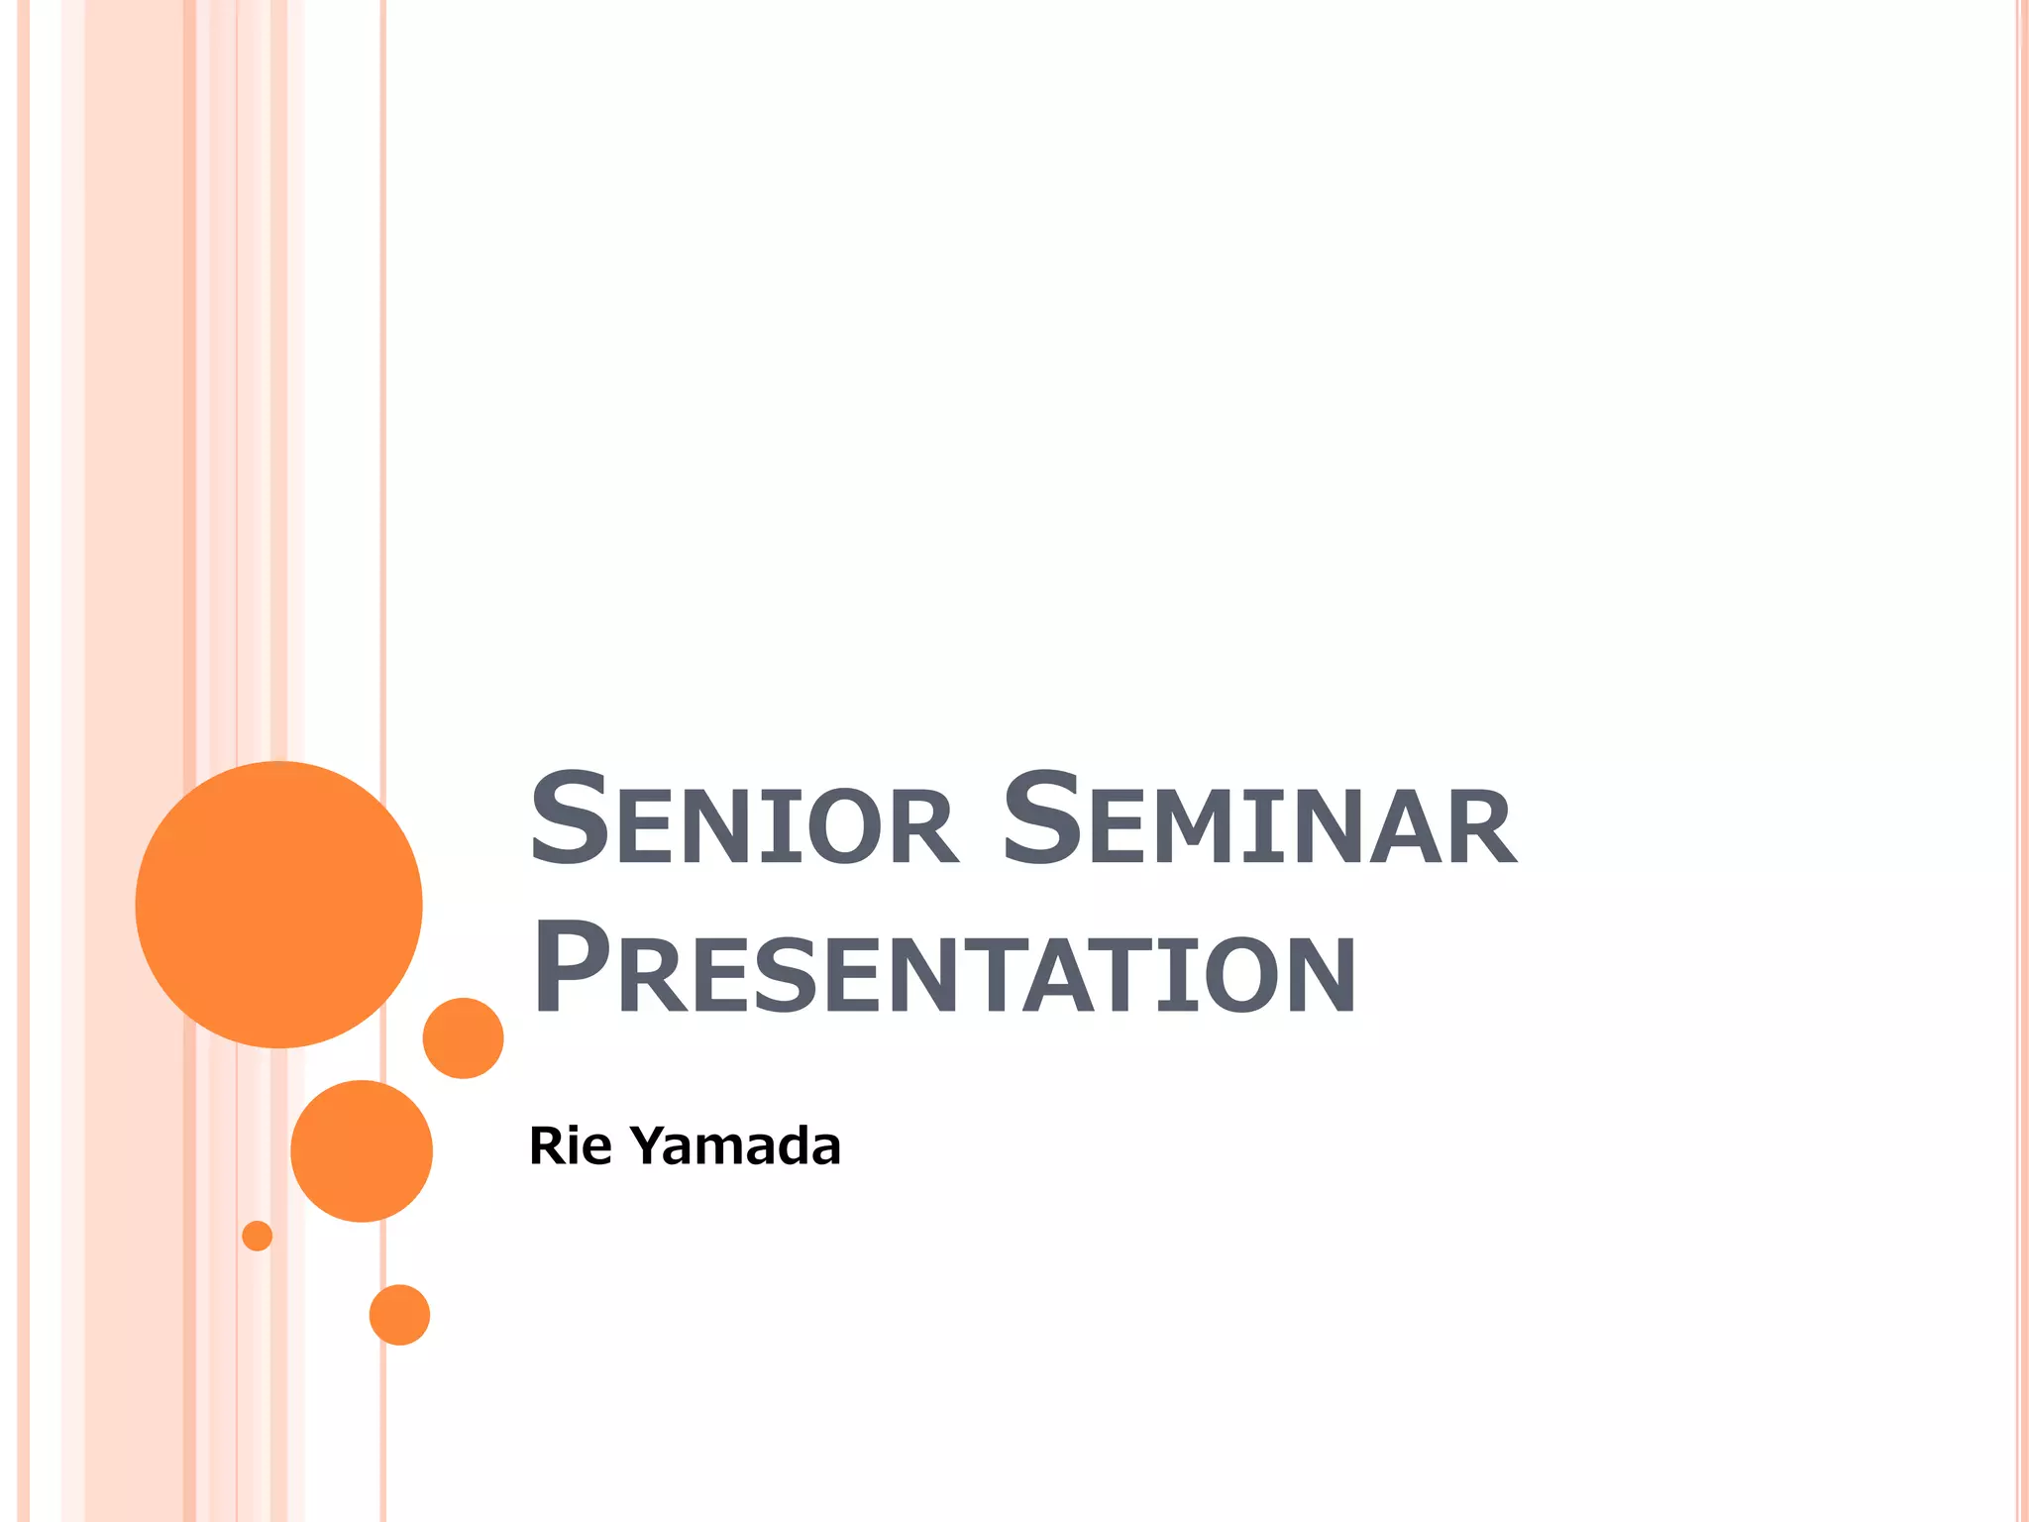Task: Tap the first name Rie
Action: pos(571,1146)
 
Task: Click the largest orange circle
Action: pos(278,904)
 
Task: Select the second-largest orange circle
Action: pos(362,1150)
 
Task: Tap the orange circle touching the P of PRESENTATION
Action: pos(463,1037)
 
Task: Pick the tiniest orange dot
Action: pos(257,1236)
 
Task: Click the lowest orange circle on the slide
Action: pos(399,1315)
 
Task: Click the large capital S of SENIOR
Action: pos(569,817)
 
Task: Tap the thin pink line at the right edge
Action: pos(2018,694)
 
